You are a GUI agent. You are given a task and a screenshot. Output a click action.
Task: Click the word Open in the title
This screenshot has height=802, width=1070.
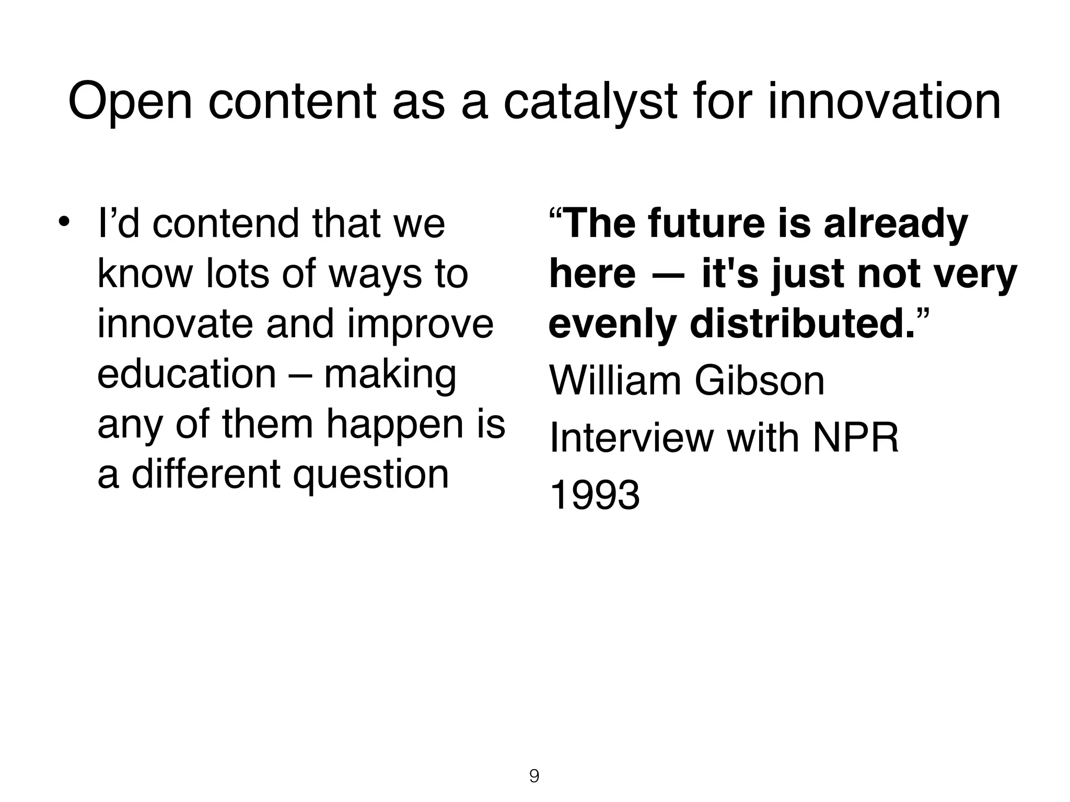(x=130, y=102)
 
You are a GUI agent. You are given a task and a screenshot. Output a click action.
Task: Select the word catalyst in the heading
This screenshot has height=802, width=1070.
(x=590, y=102)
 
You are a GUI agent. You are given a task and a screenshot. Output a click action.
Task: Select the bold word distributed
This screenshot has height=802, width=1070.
(x=802, y=324)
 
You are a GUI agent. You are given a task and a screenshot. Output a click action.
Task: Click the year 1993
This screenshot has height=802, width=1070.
(x=595, y=495)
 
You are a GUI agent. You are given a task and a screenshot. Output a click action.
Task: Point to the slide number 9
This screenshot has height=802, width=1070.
(x=534, y=776)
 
